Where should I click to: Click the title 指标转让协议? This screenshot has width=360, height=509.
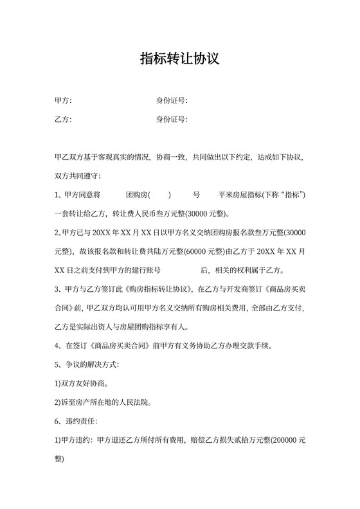tap(180, 59)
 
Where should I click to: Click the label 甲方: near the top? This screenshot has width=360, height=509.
tap(64, 100)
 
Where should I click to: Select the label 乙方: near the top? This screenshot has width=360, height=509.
tap(64, 120)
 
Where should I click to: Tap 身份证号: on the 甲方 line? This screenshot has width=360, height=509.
tap(172, 100)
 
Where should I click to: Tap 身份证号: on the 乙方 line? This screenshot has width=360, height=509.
tap(172, 120)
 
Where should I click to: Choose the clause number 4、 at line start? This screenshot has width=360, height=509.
tap(60, 346)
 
